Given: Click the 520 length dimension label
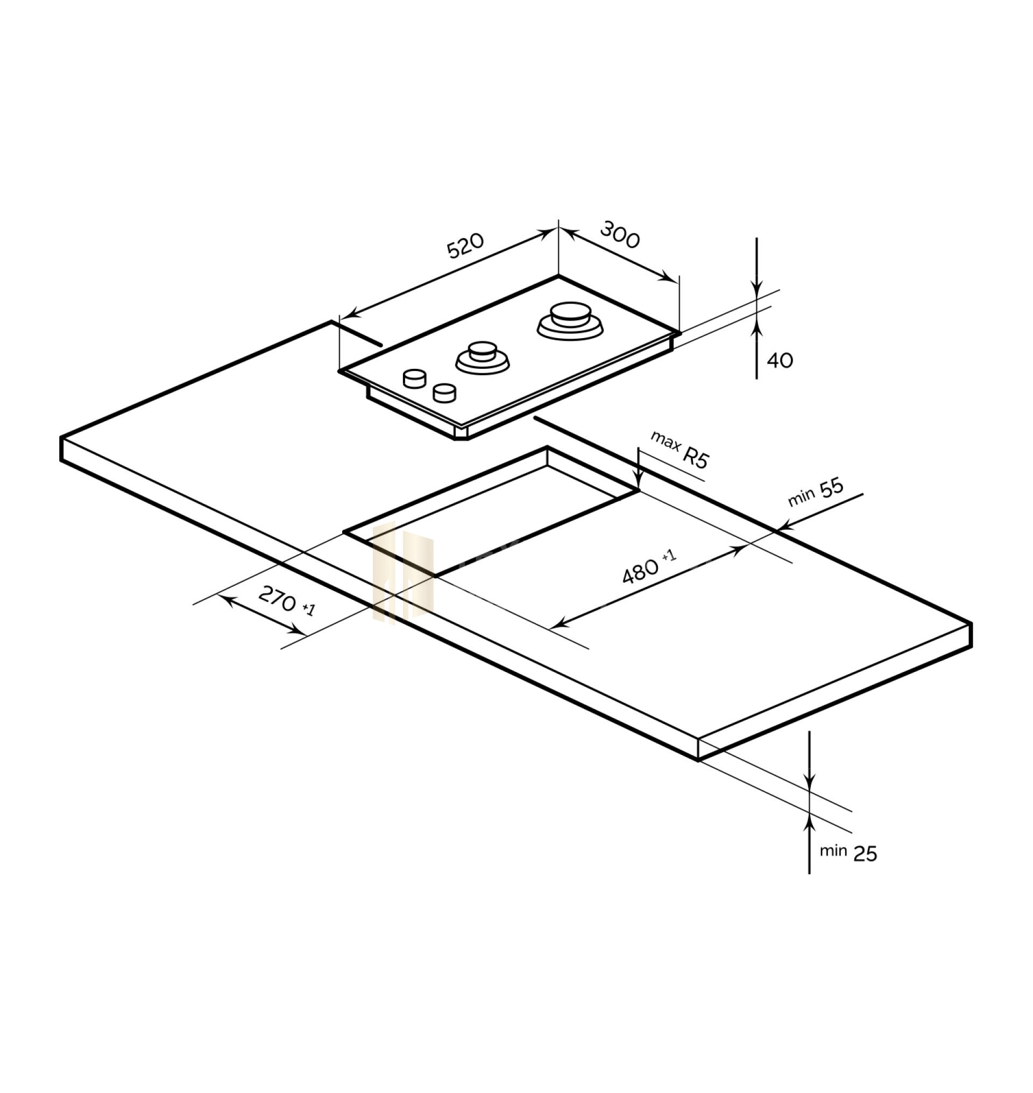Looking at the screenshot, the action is point(465,246).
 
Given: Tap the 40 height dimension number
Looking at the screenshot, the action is point(780,360).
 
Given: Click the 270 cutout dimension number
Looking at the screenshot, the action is point(277,599).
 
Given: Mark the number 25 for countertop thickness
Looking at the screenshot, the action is point(865,854).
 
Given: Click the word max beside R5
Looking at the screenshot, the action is point(665,442).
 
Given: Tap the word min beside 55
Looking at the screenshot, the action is point(802,498).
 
